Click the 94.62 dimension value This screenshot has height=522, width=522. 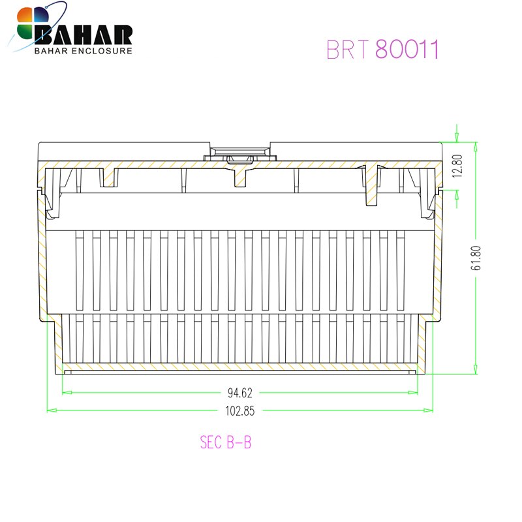(240, 393)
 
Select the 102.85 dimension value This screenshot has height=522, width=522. (240, 411)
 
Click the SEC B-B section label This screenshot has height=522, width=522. (226, 442)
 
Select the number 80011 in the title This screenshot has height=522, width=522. (407, 50)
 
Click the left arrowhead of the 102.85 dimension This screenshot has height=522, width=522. (50, 410)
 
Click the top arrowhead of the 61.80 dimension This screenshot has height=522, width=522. (476, 146)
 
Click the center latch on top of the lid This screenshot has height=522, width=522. (239, 153)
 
